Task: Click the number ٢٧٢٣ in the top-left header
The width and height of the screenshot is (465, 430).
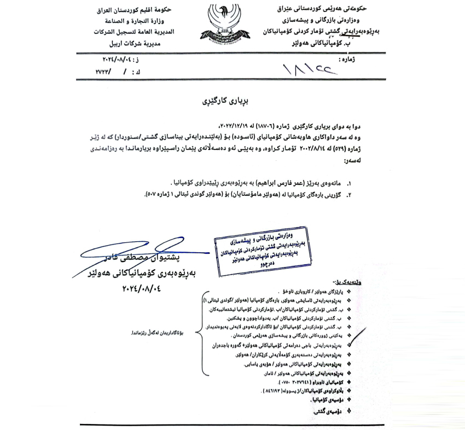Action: pos(103,71)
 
